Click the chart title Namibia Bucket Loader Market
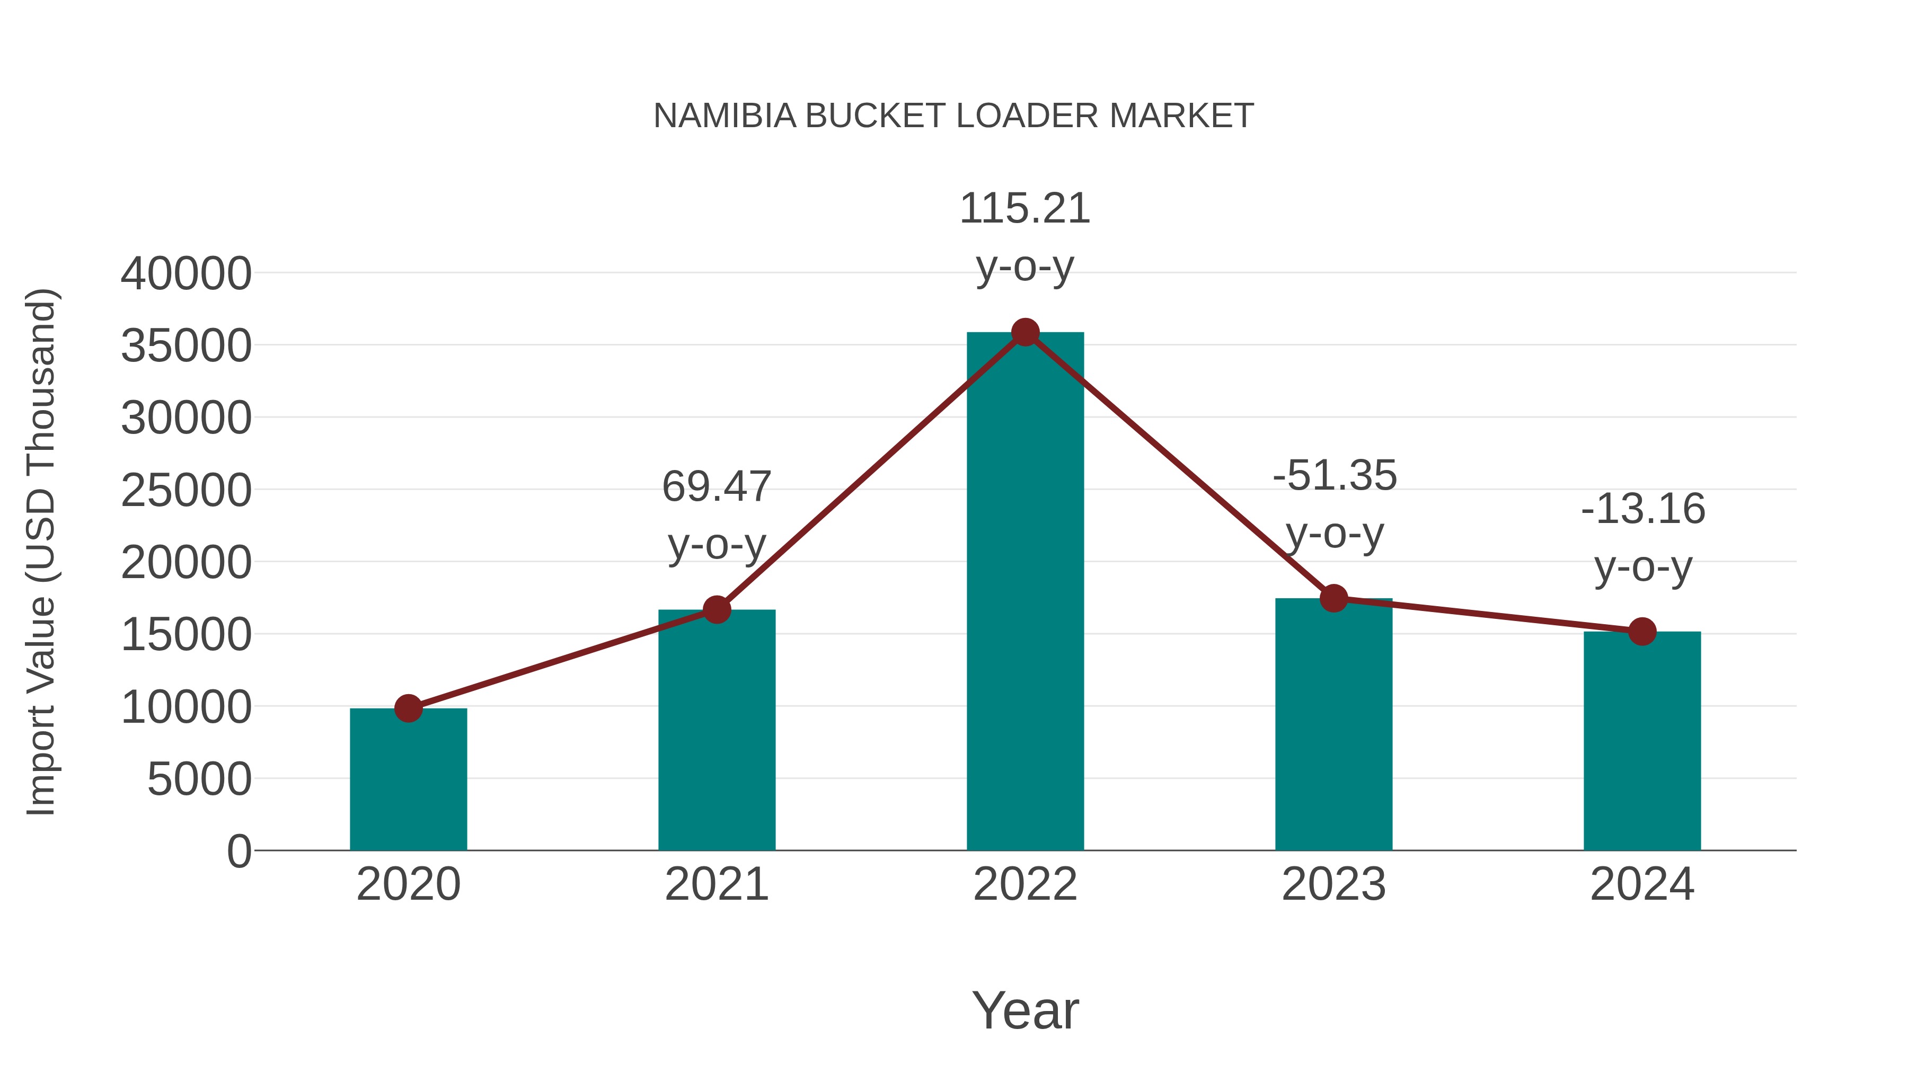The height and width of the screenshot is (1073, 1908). coord(953,116)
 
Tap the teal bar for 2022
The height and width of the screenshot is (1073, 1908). coord(1025,592)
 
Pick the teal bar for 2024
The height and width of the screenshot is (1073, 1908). coord(1642,741)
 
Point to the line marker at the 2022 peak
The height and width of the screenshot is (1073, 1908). coord(1025,332)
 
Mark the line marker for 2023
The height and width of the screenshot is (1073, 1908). coord(1334,598)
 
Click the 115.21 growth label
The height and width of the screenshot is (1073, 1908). coord(1025,209)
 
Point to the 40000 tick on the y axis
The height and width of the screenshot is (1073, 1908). coord(186,273)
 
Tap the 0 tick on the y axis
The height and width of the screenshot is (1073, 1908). coord(239,851)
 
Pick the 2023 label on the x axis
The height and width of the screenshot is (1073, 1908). coord(1334,884)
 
